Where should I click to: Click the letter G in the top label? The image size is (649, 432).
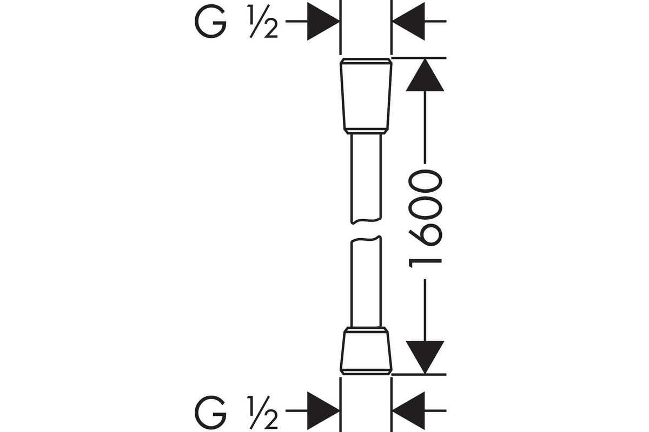pos(210,21)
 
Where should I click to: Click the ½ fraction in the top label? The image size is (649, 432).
pos(262,22)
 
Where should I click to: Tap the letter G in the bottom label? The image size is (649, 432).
pos(210,412)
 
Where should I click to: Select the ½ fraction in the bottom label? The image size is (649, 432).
pos(262,413)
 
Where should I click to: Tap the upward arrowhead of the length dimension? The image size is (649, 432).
pos(425,75)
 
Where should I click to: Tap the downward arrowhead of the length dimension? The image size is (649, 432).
pos(425,357)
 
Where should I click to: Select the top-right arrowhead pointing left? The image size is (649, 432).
pos(409,21)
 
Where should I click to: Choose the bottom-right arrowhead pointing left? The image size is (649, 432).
pos(409,410)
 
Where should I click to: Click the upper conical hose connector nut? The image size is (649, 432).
pos(366,96)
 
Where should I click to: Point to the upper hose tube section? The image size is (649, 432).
pos(366,179)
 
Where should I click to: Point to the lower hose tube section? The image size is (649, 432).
pos(366,281)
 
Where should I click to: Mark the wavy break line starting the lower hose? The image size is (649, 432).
pos(366,239)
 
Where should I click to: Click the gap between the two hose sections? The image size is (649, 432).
pos(366,231)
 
